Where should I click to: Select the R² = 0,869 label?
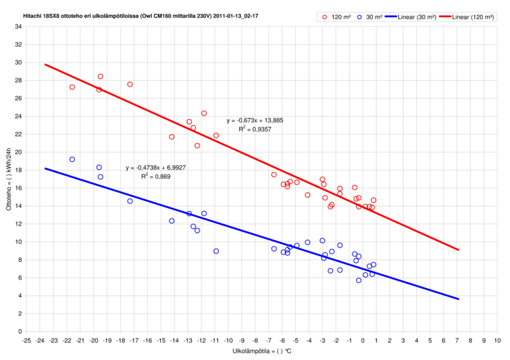coord(156,176)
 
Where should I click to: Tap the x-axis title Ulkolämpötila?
coord(258,351)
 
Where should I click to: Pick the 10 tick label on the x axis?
coord(498,340)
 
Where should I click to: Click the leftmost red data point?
coord(72,87)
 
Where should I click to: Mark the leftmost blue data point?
coord(72,159)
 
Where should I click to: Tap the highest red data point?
coord(100,76)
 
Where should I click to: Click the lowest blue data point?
coord(359,280)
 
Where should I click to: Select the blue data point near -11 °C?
coord(216,251)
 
